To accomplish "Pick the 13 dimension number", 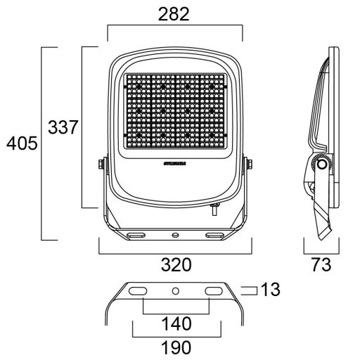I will [x=270, y=289].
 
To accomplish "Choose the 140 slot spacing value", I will [x=176, y=324].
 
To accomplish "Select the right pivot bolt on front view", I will [x=248, y=165].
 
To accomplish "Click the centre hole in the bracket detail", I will [x=176, y=290].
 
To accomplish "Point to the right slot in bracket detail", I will [x=212, y=290].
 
